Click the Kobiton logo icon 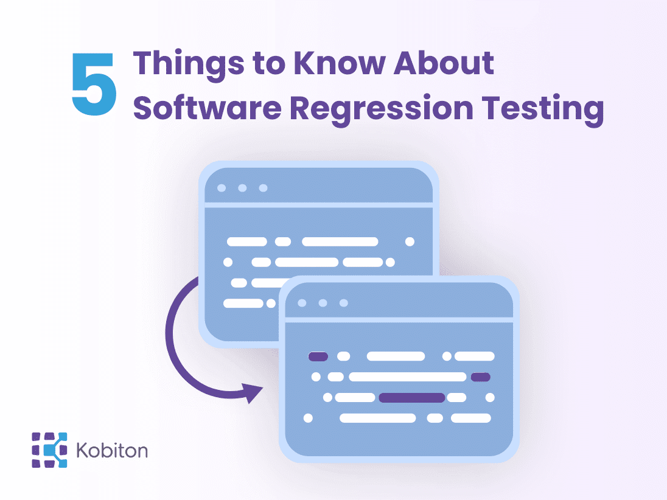pos(49,450)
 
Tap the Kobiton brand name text pos(112,451)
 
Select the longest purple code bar pos(412,398)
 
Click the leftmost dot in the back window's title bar pos(222,187)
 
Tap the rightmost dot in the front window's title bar pos(343,303)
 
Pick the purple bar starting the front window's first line pos(318,356)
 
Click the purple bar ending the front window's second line pos(480,377)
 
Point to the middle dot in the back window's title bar pos(242,187)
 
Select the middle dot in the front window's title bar pos(323,303)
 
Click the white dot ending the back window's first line pos(410,242)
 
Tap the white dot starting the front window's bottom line pos(308,418)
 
